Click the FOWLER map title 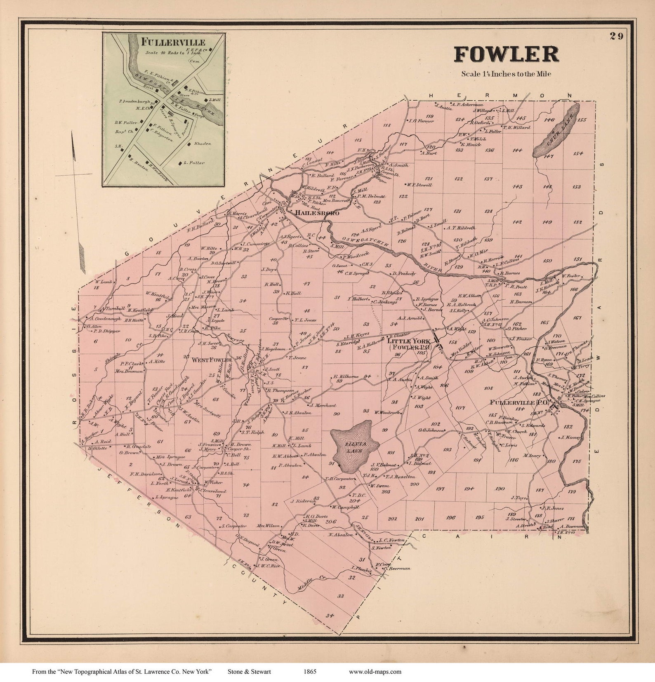(x=506, y=54)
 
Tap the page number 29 (x=617, y=36)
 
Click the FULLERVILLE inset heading (x=173, y=42)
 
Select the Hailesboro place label (x=316, y=213)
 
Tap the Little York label (x=408, y=341)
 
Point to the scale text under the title (x=506, y=74)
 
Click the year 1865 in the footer (x=310, y=672)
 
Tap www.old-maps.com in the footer (x=375, y=672)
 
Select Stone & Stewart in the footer (x=249, y=672)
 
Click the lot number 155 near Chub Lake (x=582, y=120)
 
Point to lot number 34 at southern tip (x=329, y=616)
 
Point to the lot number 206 (x=331, y=521)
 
